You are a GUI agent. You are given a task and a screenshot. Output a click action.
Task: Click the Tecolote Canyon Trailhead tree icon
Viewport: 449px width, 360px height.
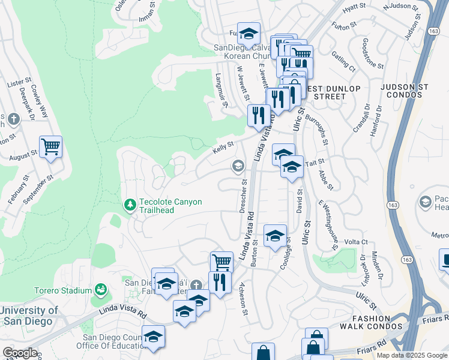point(130,206)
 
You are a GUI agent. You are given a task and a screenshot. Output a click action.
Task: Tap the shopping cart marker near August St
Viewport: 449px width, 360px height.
point(51,146)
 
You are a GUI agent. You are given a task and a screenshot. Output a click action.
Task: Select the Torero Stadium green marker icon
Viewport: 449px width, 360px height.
point(101,290)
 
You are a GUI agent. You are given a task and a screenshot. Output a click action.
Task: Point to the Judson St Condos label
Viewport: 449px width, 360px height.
point(407,91)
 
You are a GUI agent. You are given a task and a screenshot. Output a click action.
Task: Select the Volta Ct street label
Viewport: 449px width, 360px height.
point(355,242)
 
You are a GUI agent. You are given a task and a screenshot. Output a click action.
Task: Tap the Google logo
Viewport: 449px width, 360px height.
point(20,353)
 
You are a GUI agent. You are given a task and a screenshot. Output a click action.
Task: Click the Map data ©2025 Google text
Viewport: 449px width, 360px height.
point(412,355)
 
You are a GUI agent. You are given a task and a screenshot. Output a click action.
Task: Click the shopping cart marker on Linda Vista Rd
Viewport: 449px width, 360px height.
point(221,262)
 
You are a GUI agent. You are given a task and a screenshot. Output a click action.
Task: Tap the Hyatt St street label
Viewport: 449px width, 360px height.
point(354,6)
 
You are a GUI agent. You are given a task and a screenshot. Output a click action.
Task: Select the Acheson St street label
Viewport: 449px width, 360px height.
point(244,298)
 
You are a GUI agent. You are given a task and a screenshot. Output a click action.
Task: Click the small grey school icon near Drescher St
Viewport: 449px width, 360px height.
point(238,165)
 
